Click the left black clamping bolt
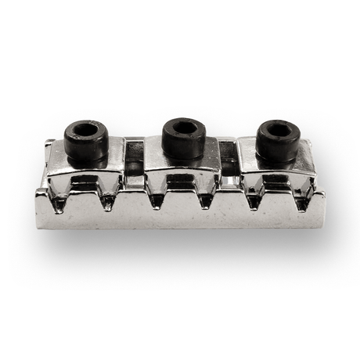[x=85, y=139]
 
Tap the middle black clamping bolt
[x=183, y=137]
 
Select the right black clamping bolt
[x=279, y=139]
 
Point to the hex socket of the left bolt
[x=85, y=129]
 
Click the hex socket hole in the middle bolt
[x=184, y=127]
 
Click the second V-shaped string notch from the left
[x=109, y=200]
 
